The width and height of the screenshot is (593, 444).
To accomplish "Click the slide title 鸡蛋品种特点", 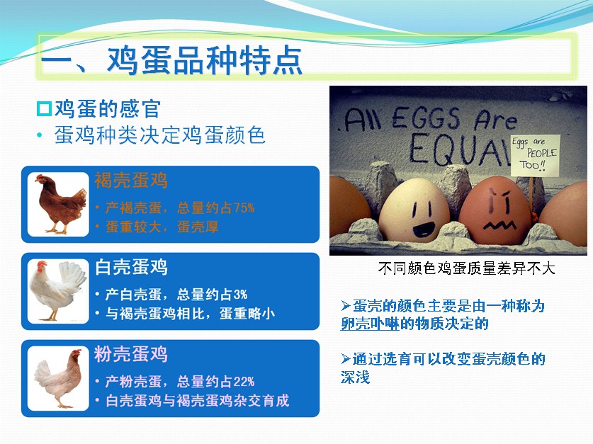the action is point(205,60).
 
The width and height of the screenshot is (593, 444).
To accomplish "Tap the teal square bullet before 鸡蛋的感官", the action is point(44,109).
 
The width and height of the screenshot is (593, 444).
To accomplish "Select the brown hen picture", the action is point(59,204).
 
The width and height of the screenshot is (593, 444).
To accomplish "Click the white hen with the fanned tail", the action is point(59,291).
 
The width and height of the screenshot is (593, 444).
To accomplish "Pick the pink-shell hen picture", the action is point(59,378).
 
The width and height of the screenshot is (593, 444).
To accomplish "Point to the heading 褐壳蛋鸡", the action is point(131,181).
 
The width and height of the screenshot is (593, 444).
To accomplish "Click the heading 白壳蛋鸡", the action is point(131,267).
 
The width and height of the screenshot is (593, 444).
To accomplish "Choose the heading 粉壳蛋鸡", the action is point(131,354).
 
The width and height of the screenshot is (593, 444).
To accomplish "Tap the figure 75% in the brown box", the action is point(244,207).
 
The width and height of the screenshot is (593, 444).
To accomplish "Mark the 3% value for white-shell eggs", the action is point(240,295).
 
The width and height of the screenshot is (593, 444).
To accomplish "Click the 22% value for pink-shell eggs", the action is point(244,381).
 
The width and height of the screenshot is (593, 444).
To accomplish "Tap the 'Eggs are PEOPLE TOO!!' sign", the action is point(535,155).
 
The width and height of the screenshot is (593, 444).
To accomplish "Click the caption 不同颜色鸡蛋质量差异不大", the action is point(466,268).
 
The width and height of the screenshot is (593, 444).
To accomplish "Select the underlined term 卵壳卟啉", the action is point(370,324).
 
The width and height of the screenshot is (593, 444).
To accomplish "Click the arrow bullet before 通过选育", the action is point(346,358).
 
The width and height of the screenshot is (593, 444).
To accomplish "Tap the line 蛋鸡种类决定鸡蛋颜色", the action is point(159,135).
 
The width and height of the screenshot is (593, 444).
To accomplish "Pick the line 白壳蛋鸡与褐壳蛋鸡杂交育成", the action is point(197,401).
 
